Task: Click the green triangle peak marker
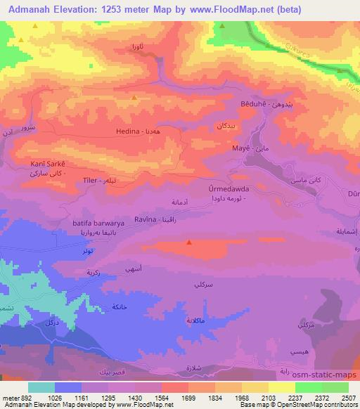(222, 27)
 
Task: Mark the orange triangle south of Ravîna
(189, 242)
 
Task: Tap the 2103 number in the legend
(257, 397)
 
